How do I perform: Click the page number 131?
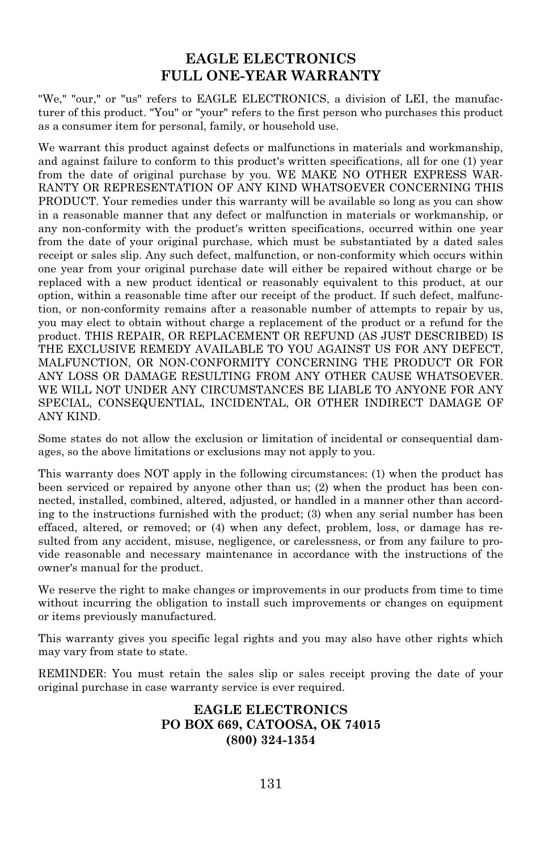[x=271, y=784]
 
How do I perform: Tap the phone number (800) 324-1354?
[x=270, y=740]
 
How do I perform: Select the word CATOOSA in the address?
[x=290, y=725]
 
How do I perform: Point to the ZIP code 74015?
[x=364, y=725]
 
